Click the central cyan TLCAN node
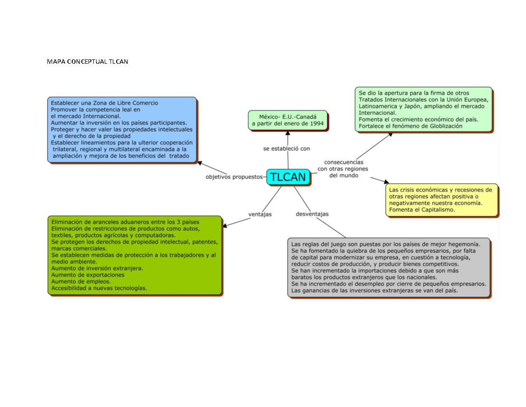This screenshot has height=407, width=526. coord(288,177)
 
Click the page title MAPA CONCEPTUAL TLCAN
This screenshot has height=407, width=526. coord(87,61)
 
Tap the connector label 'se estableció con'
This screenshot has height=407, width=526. coord(287,148)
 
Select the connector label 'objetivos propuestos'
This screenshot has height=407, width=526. coord(234,177)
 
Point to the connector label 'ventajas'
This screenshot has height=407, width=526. coord(260,214)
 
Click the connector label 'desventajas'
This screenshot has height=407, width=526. coord(312,214)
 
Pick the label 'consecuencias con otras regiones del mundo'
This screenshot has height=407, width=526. coord(343,169)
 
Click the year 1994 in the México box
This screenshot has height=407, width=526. coord(316,124)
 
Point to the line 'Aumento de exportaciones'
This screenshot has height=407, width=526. coord(88,275)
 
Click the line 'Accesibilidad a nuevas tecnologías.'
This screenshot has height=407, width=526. coord(99,288)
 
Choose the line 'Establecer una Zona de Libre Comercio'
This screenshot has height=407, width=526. coord(104,103)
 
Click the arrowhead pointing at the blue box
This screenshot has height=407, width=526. coord(200,163)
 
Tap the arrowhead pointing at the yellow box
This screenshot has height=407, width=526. coord(387,182)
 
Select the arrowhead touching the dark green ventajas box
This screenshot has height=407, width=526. coord(225,226)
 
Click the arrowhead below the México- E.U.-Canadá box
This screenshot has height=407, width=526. coord(288,133)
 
